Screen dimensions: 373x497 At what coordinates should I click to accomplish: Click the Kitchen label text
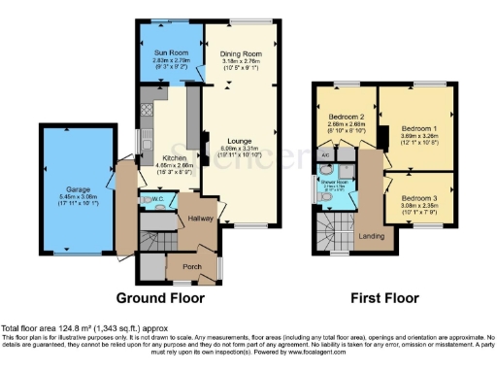click(x=160, y=156)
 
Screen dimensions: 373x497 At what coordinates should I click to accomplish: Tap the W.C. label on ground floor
click(x=159, y=202)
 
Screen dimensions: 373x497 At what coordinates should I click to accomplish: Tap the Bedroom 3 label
click(x=418, y=198)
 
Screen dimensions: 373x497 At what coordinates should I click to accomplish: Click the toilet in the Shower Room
click(x=327, y=199)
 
